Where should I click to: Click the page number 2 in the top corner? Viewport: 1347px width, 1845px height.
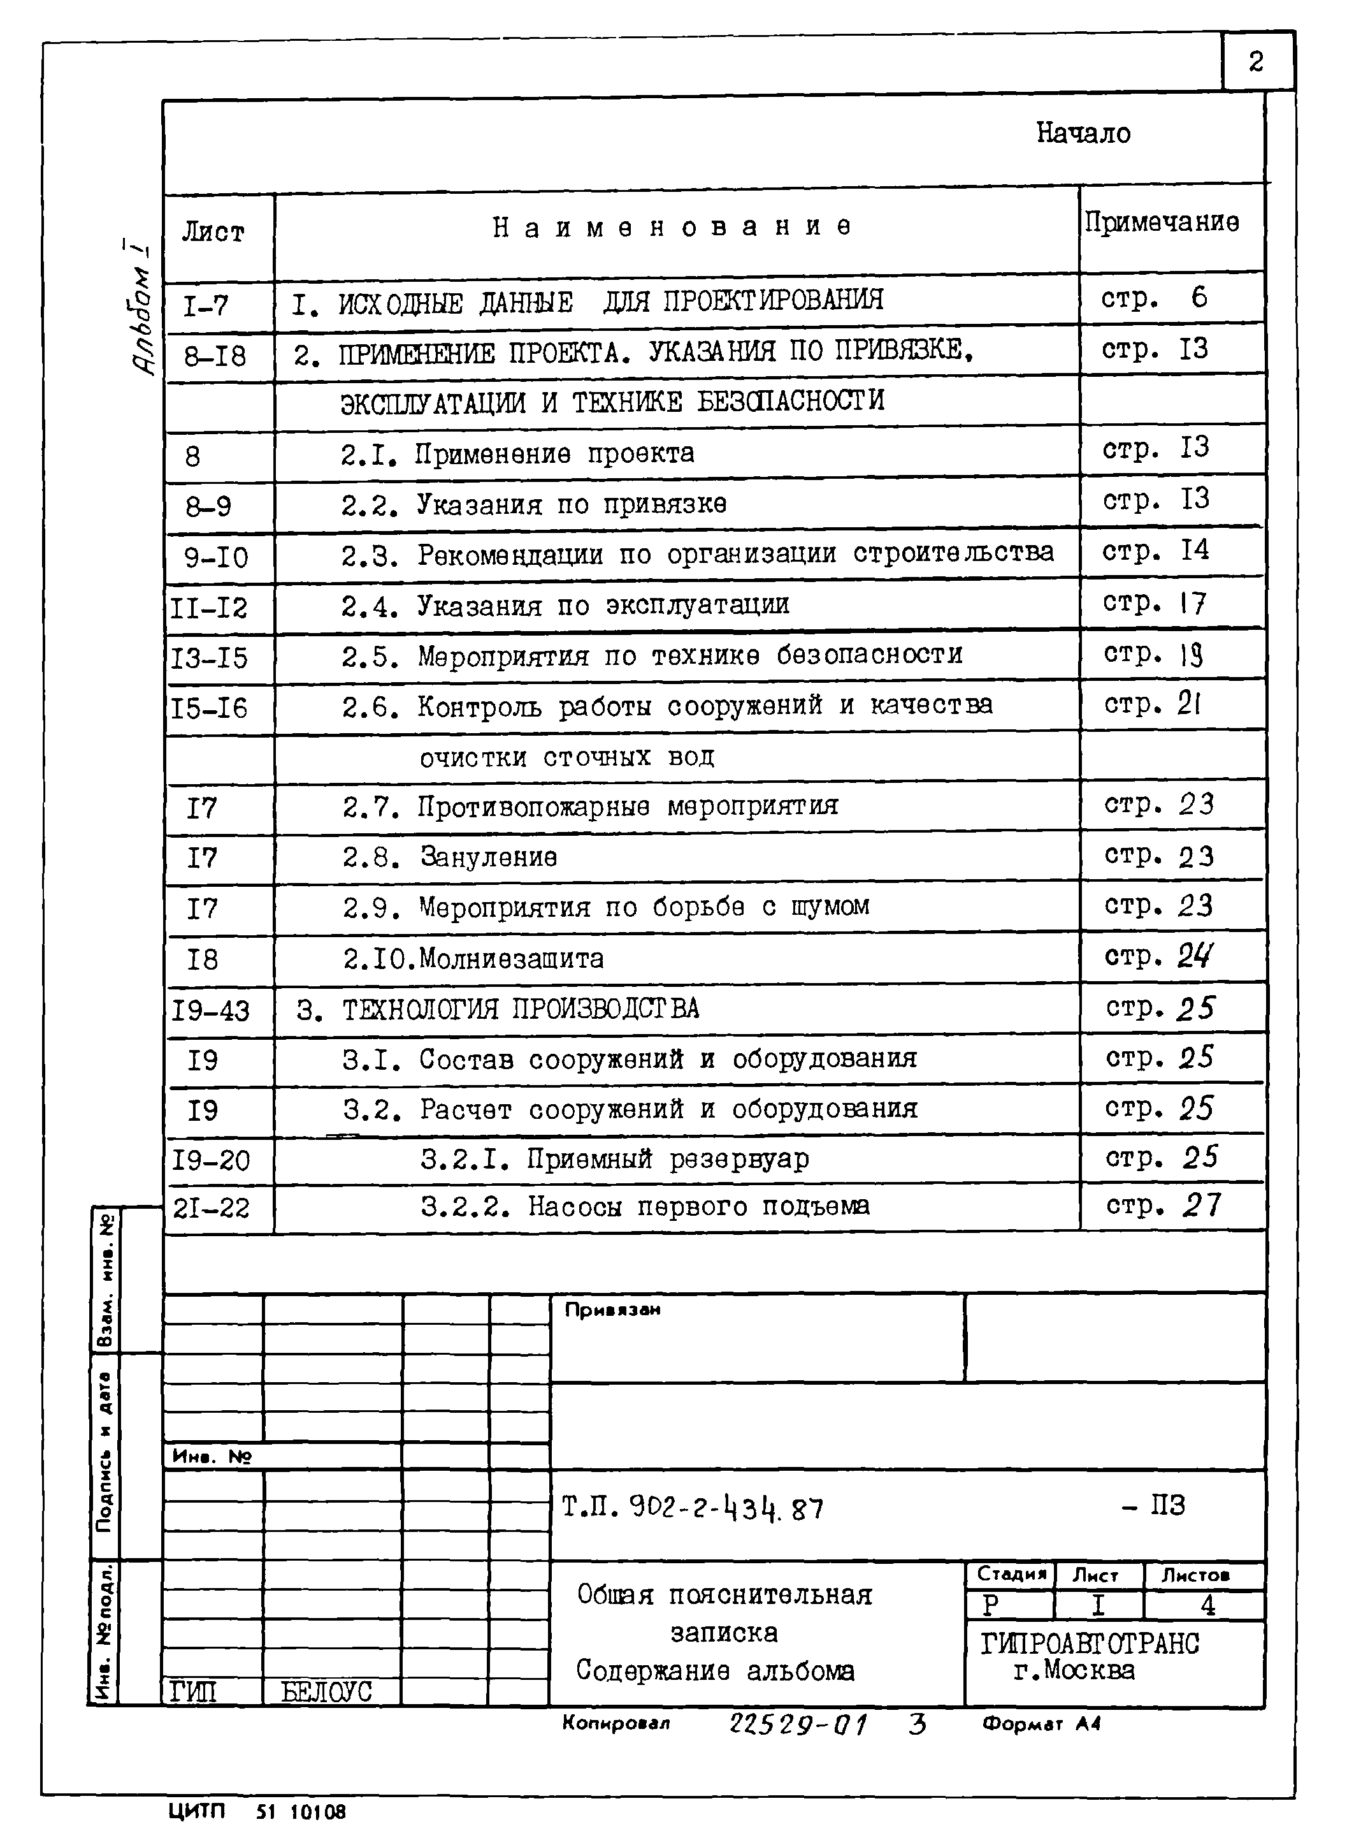[1256, 62]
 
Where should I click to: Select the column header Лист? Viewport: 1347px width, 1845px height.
[213, 233]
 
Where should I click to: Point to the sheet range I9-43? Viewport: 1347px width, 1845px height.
[210, 1011]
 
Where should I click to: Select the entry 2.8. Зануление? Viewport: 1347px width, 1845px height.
[450, 857]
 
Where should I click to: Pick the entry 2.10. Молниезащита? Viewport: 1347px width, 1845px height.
[473, 958]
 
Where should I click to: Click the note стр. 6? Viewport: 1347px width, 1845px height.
[1154, 298]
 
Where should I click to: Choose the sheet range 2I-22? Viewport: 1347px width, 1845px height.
[211, 1207]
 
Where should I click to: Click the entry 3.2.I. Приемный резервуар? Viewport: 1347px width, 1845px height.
[615, 1159]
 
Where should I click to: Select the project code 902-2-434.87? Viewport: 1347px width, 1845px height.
[726, 1509]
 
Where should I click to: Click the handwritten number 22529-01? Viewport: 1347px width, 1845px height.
[798, 1725]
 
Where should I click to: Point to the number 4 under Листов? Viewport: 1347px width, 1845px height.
[1207, 1606]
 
